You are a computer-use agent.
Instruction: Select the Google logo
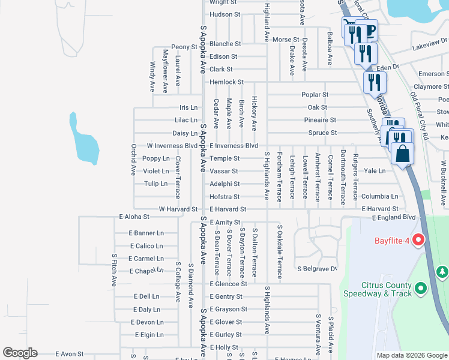click(x=20, y=353)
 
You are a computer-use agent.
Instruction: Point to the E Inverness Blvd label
click(x=234, y=146)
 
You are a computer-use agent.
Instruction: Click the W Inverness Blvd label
click(x=172, y=146)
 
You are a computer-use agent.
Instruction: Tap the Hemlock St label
click(x=226, y=82)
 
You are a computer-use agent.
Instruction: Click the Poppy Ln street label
click(x=156, y=159)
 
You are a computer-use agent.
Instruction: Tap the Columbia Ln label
click(x=379, y=197)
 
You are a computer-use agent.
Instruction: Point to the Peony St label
click(x=184, y=47)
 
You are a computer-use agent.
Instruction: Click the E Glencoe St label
click(x=228, y=284)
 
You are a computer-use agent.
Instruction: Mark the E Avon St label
click(x=69, y=354)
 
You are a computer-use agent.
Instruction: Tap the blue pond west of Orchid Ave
click(x=85, y=141)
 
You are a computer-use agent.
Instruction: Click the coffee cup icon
click(x=369, y=31)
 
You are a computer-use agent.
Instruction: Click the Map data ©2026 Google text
click(x=412, y=355)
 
